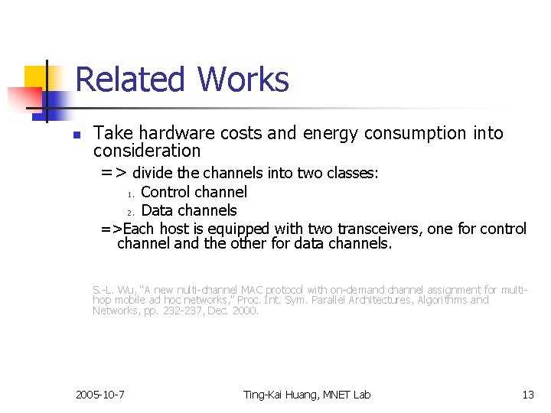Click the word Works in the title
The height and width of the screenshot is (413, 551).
[243, 80]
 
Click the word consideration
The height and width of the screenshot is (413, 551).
[147, 151]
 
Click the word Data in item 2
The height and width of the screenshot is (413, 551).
[157, 210]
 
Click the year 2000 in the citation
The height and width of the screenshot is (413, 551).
[245, 311]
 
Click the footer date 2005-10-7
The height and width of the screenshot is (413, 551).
[101, 395]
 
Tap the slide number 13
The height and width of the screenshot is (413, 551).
[528, 395]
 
